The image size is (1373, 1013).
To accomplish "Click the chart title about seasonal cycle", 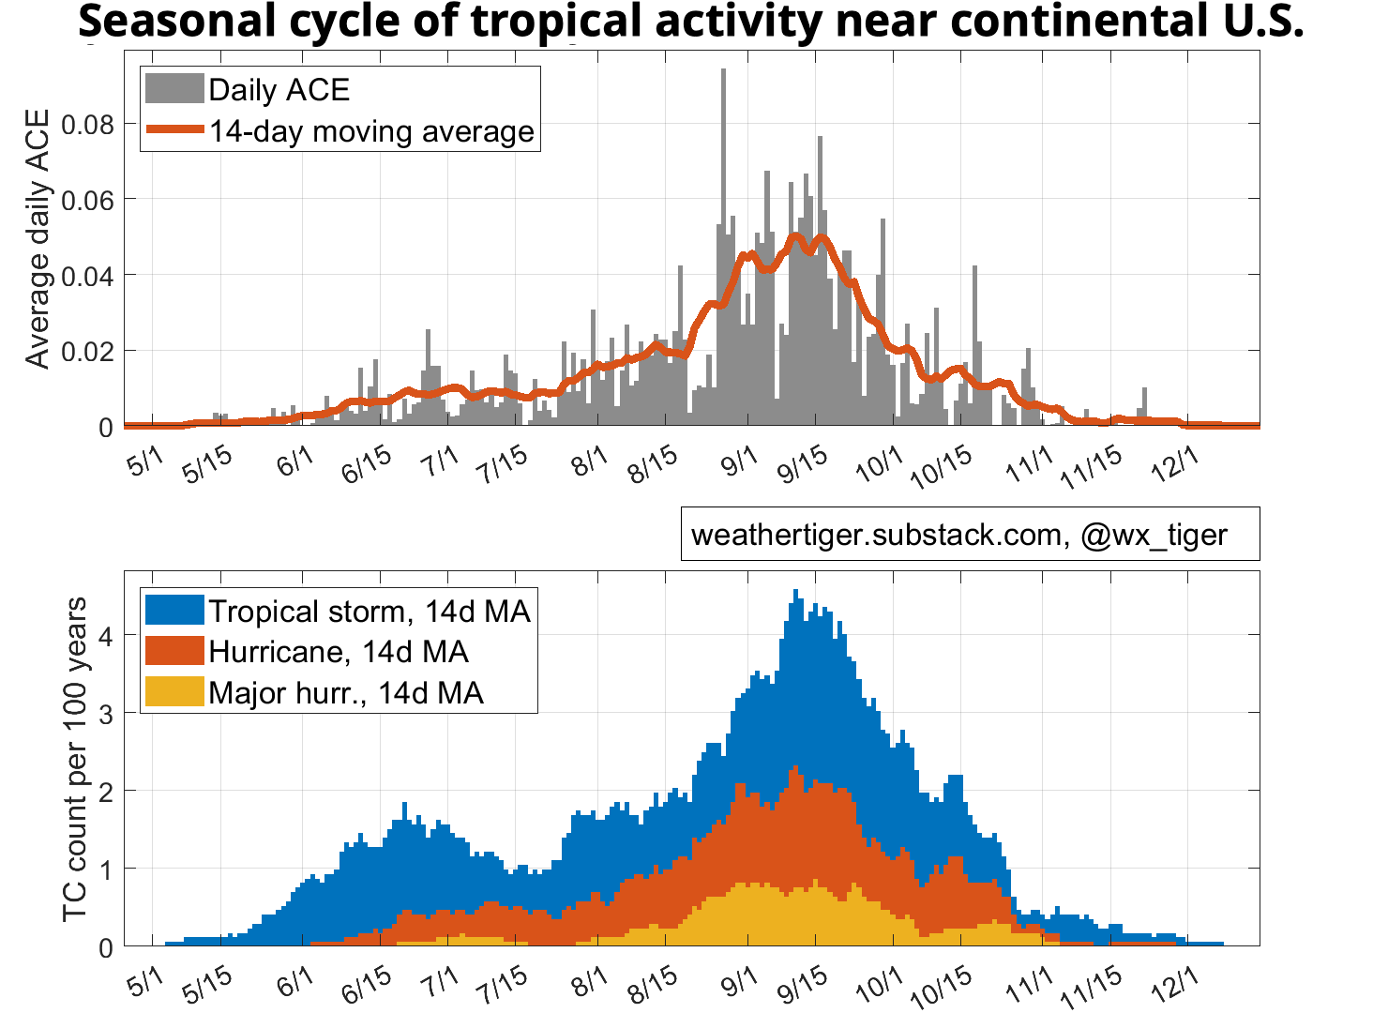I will [x=691, y=21].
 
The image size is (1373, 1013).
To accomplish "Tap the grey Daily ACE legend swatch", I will [x=174, y=89].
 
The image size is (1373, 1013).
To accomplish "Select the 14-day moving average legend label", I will [x=371, y=131].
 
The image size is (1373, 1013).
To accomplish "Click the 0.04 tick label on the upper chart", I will [x=87, y=276].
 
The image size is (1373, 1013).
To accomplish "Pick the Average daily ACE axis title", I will [x=38, y=239].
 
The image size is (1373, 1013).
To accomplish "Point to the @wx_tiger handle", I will [x=1154, y=535].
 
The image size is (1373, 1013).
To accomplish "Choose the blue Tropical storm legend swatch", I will [x=174, y=611].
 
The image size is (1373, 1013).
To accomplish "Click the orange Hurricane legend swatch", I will [x=174, y=651].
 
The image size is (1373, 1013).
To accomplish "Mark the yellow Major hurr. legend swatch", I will [x=174, y=692].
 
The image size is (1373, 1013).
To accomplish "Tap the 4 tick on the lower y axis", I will [x=105, y=636].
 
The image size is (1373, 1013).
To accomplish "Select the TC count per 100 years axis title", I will [x=75, y=760].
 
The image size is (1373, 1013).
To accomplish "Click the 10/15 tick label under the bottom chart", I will [x=942, y=987].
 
